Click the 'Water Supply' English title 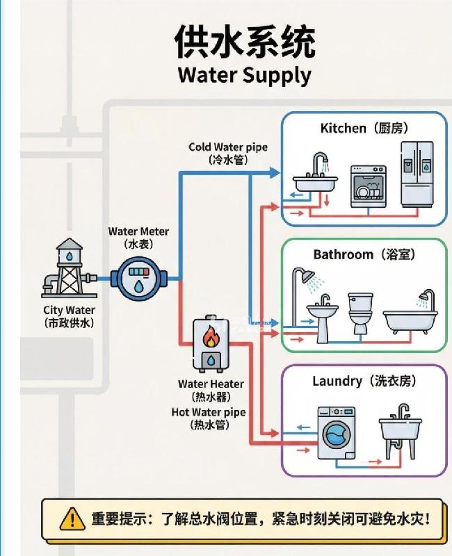pos(244,74)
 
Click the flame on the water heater pos(210,338)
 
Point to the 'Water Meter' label pos(138,231)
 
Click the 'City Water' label pos(69,310)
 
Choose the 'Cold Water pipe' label pos(227,147)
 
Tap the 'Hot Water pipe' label pos(209,412)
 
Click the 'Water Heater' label pos(211,384)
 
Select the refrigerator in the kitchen pos(417,174)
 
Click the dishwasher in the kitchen pos(368,186)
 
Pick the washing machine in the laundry pos(336,433)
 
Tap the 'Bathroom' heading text pos(343,254)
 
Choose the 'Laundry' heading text pos(337,381)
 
